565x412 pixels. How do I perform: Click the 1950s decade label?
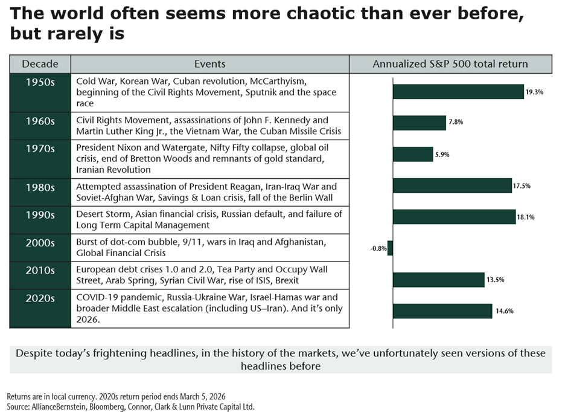[40, 83]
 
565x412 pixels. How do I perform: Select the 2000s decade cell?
[40, 243]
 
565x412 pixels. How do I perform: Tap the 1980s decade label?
[40, 188]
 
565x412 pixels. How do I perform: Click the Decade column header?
[40, 64]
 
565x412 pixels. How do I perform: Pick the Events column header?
[209, 64]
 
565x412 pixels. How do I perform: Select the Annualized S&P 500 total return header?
[450, 64]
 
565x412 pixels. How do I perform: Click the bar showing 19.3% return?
[458, 92]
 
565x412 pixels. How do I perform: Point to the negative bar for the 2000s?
[390, 248]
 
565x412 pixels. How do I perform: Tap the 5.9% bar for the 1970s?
[413, 154]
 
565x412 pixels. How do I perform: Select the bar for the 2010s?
[439, 280]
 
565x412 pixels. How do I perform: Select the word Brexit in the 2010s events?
[285, 280]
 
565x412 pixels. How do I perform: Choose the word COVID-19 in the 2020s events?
[97, 298]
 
